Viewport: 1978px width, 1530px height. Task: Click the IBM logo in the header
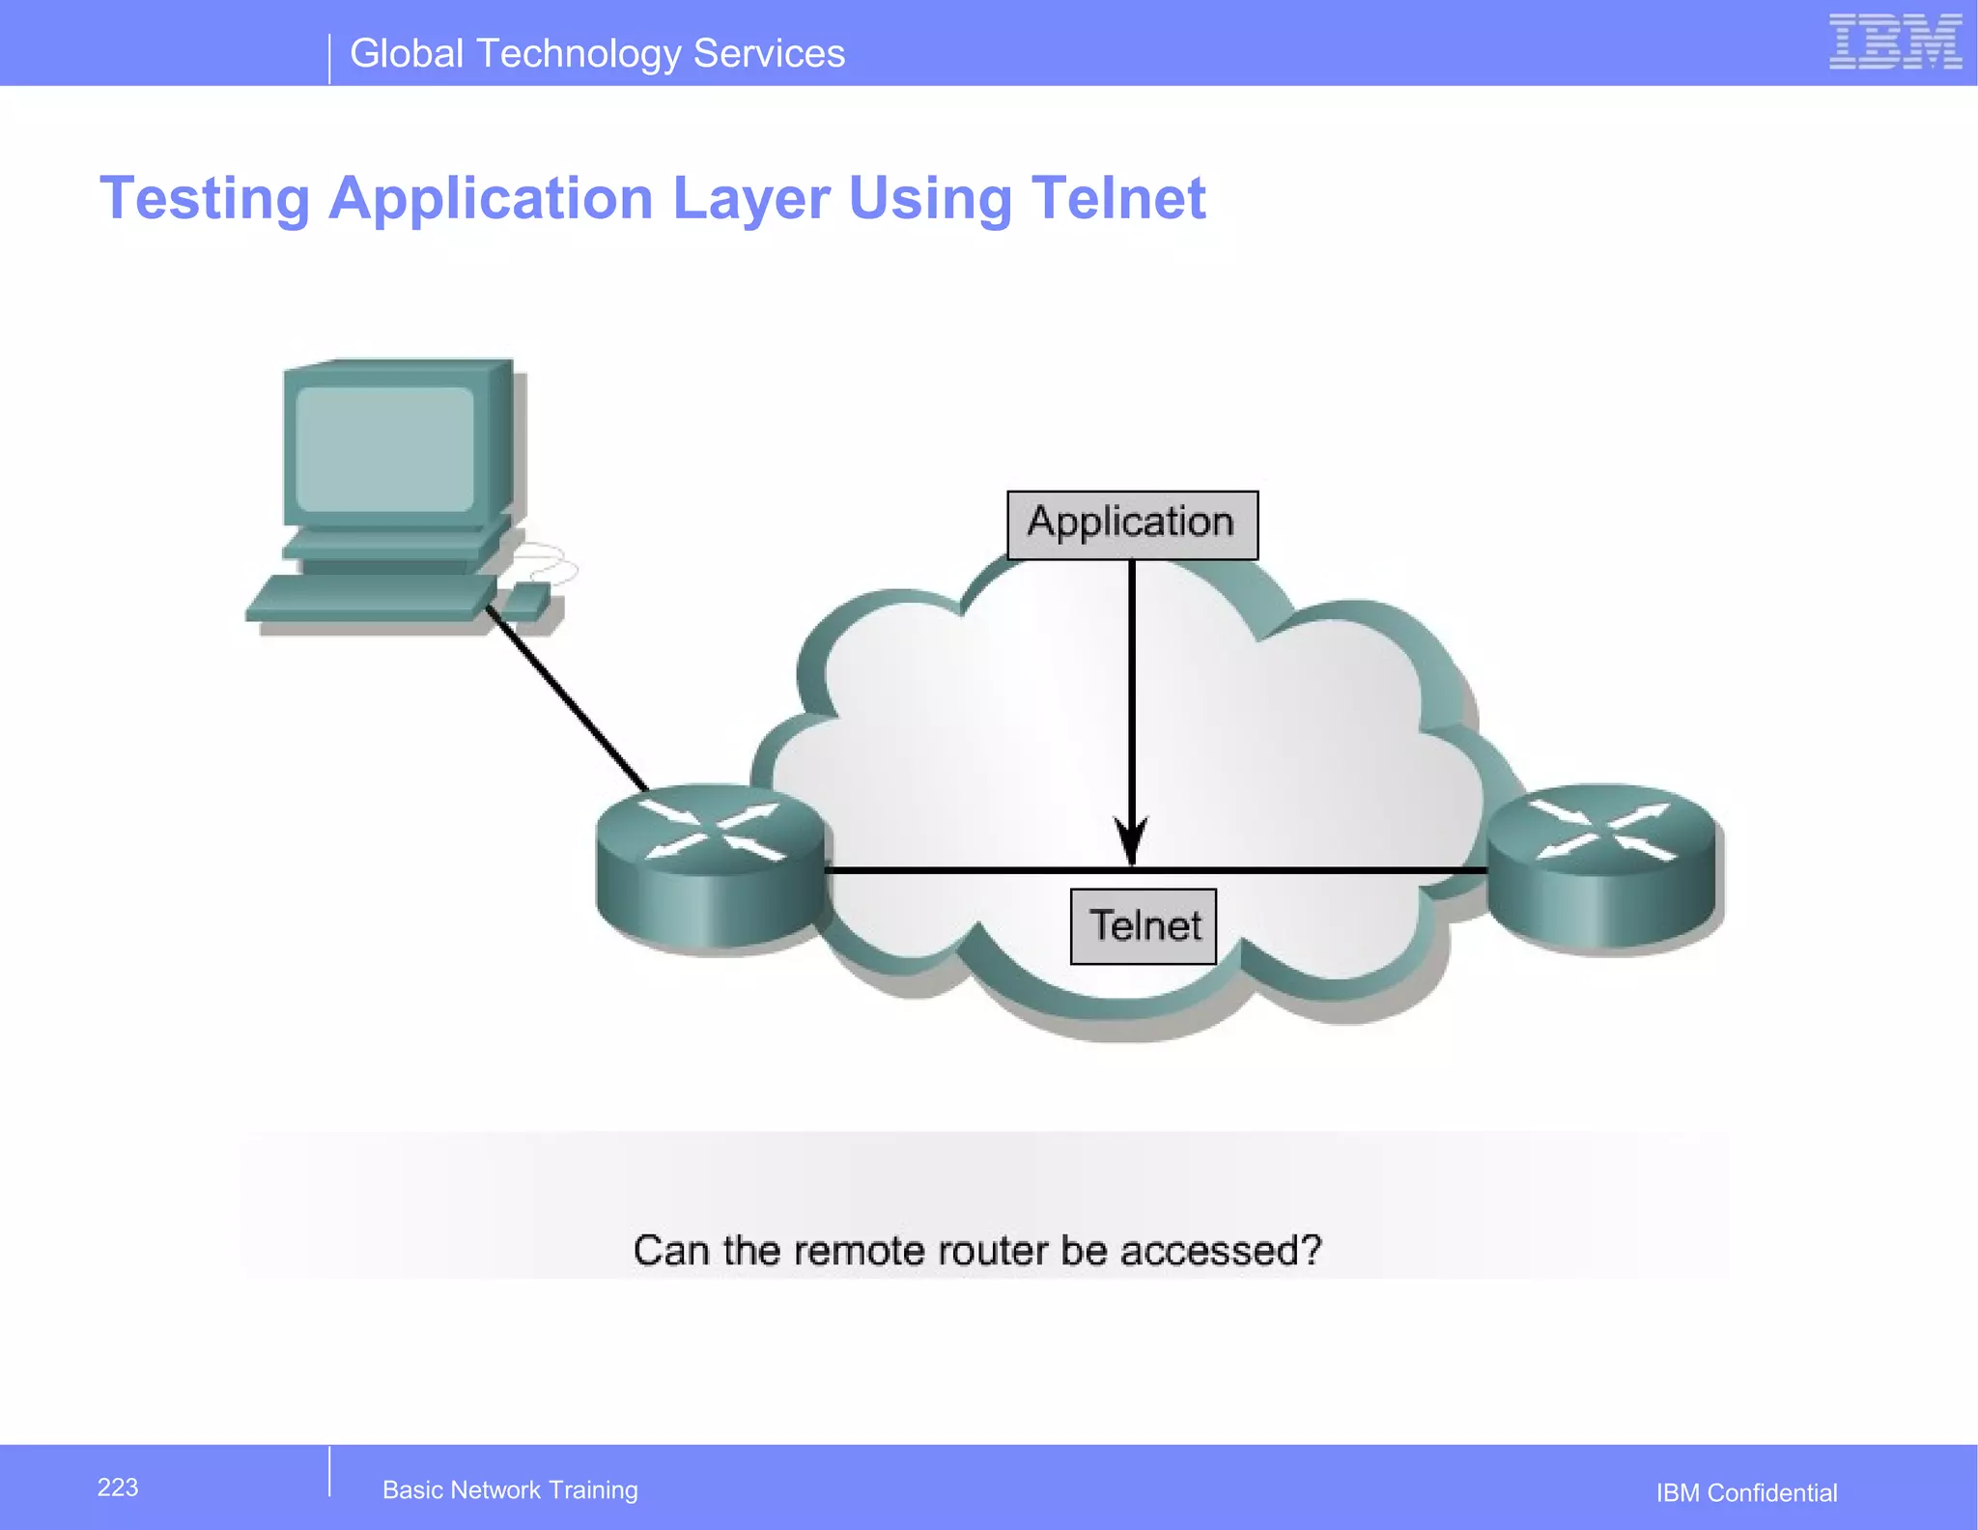coord(1894,42)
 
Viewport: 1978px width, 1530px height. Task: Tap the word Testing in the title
coord(205,198)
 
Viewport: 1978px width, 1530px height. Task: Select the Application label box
coord(1132,524)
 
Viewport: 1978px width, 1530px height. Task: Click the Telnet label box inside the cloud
coord(1144,925)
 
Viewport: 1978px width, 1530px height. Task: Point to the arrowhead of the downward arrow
coord(1131,842)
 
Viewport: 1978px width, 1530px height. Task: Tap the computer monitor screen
coord(384,449)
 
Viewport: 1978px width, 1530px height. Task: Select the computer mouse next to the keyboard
coord(527,602)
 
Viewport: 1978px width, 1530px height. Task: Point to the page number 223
coord(118,1487)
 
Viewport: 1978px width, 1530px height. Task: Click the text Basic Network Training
coord(510,1489)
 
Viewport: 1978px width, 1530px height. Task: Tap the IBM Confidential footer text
coord(1746,1492)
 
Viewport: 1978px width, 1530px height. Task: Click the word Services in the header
coord(769,53)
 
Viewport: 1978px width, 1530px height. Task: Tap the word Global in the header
coord(407,53)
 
